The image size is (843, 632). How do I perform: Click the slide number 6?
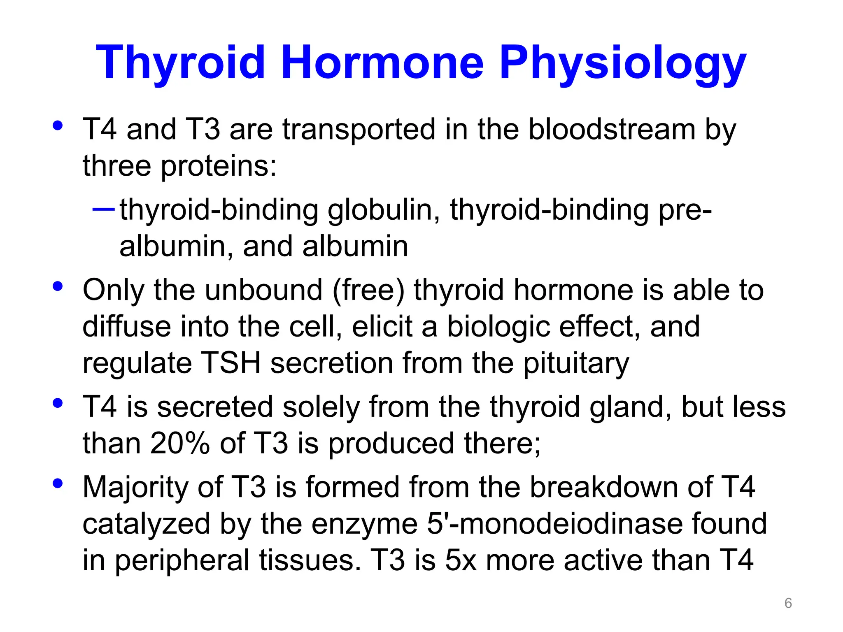pos(788,603)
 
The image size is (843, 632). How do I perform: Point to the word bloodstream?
pos(611,130)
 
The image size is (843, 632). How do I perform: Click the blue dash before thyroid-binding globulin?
pos(103,209)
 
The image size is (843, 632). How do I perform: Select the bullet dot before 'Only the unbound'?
pos(58,286)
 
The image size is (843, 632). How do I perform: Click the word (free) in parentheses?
pos(368,290)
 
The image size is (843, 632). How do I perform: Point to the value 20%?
pos(180,444)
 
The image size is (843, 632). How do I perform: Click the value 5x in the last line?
pos(461,560)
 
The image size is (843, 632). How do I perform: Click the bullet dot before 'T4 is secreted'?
pos(58,403)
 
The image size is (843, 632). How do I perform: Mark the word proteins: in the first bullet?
pos(218,166)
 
